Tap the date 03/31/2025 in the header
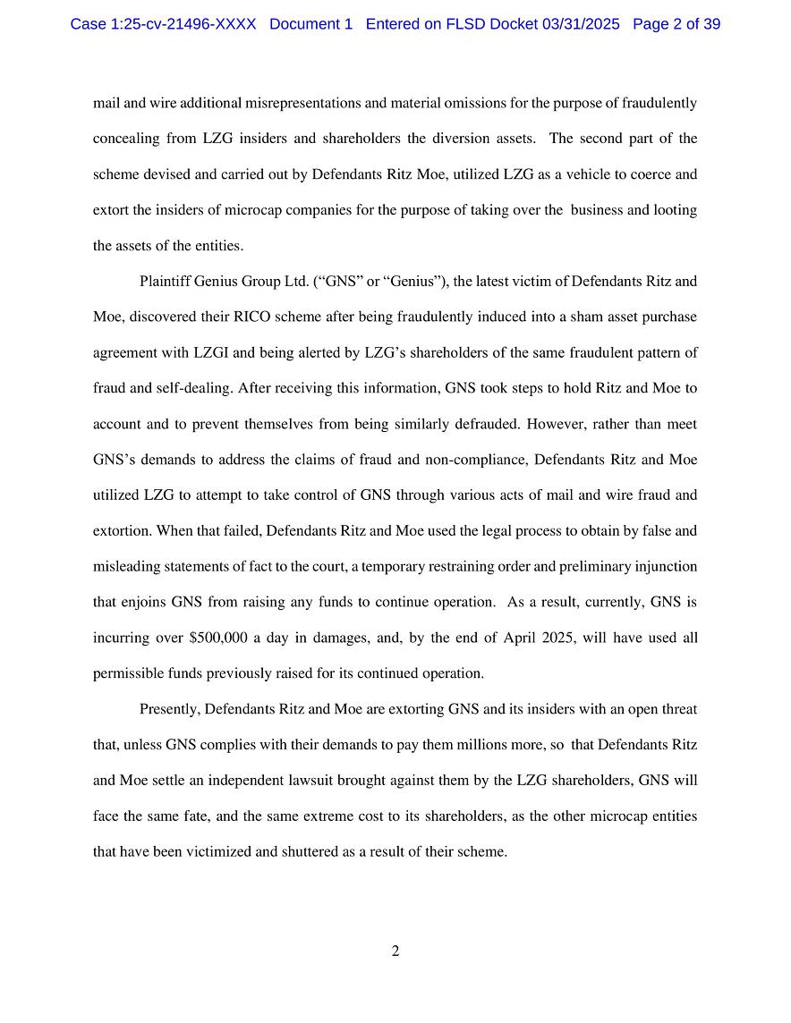(x=581, y=24)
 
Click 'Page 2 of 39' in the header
(x=676, y=24)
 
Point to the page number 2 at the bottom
(x=395, y=951)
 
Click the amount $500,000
(x=218, y=638)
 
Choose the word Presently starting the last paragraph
(x=170, y=709)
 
